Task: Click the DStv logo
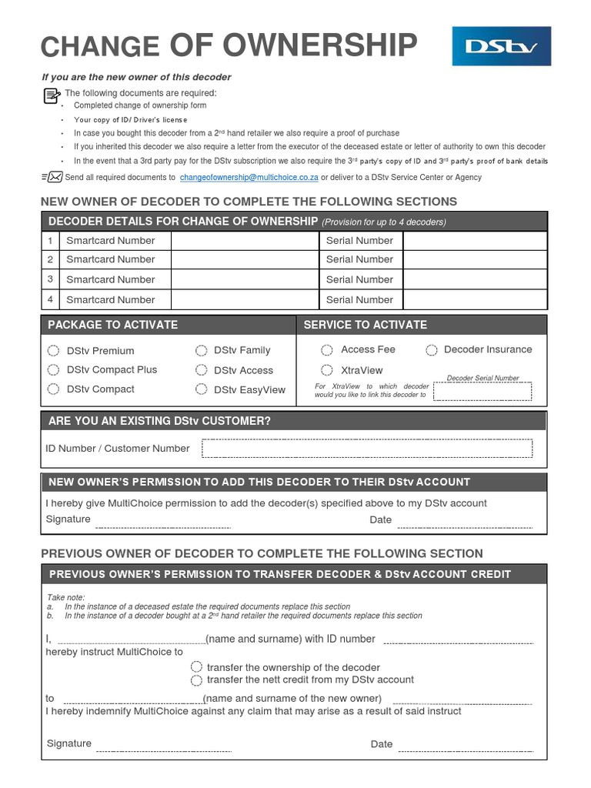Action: pos(501,46)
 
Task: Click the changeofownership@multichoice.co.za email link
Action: pos(249,178)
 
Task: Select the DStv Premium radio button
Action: pos(53,351)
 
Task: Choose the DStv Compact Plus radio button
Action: pos(53,370)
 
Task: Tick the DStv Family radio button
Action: pos(201,351)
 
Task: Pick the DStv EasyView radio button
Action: pos(201,389)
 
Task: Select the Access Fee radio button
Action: pos(327,350)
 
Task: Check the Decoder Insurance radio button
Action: pos(432,350)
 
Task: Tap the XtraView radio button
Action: pos(327,370)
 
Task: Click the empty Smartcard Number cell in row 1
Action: pos(245,241)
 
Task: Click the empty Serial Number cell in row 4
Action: pos(475,299)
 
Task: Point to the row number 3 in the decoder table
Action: pos(50,279)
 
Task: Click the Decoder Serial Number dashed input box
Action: pos(482,392)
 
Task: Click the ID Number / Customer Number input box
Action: pos(366,449)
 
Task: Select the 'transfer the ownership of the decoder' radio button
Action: pos(196,667)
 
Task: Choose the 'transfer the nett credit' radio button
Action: pos(196,680)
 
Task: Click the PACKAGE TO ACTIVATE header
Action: pos(113,325)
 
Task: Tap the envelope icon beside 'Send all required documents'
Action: pos(54,178)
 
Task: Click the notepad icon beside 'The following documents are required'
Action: pos(52,95)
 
